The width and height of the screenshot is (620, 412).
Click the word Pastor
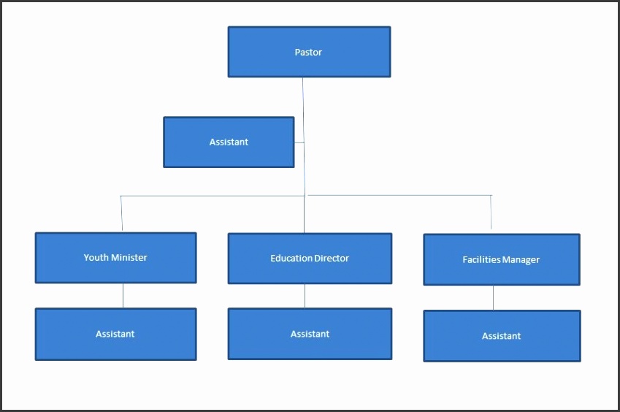click(x=308, y=53)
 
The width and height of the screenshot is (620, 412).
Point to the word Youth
click(x=96, y=258)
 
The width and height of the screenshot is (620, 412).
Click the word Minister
click(x=129, y=258)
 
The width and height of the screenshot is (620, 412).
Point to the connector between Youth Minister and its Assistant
click(x=123, y=296)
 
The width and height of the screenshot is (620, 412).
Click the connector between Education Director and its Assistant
click(x=305, y=296)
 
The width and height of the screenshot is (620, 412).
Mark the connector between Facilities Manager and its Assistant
click(x=494, y=298)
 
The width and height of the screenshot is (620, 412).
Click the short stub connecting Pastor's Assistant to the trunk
click(x=299, y=142)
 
